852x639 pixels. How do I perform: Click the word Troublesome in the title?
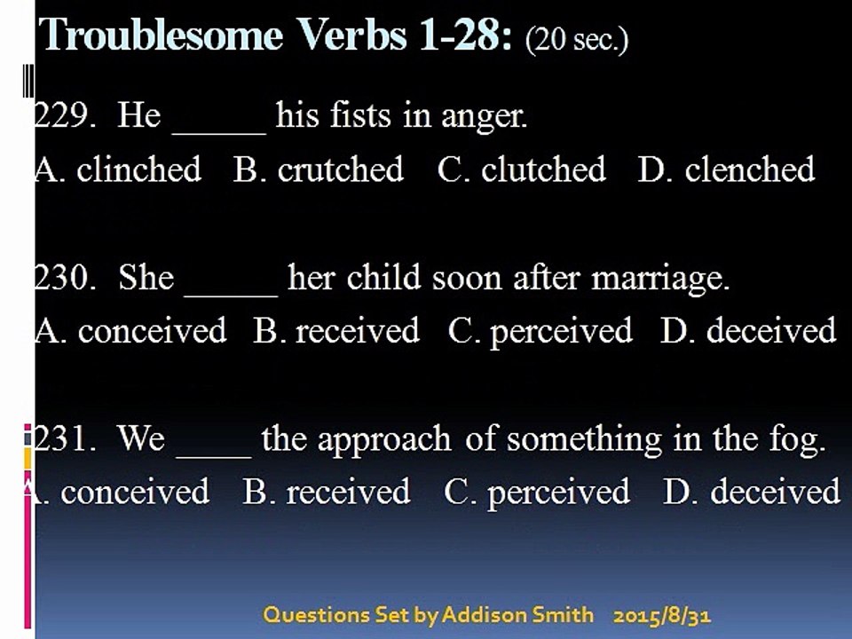(162, 35)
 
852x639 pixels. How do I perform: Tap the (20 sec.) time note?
(577, 39)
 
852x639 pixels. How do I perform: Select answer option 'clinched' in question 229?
(139, 169)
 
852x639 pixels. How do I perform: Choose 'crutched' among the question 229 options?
(341, 169)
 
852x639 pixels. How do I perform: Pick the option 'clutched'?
(543, 169)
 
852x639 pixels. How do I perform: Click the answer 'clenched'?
(750, 169)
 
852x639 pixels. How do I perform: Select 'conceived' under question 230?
(152, 330)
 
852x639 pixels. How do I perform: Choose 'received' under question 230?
(358, 330)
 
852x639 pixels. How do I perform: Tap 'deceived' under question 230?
(771, 330)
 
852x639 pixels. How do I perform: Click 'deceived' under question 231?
(776, 491)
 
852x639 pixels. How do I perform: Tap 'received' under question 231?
(348, 492)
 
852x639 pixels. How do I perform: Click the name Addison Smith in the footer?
(517, 615)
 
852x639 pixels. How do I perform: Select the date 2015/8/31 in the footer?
(662, 616)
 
